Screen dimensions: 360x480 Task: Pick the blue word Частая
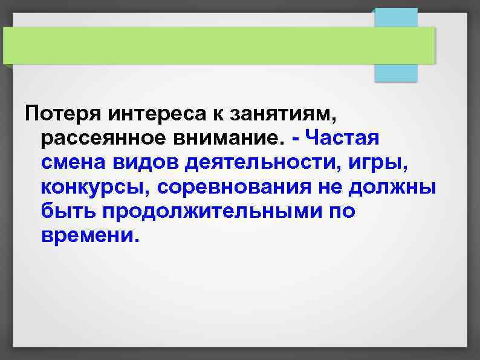pyautogui.click(x=343, y=137)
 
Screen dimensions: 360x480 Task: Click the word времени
pyautogui.click(x=91, y=236)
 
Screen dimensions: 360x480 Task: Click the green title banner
pyautogui.click(x=218, y=45)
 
